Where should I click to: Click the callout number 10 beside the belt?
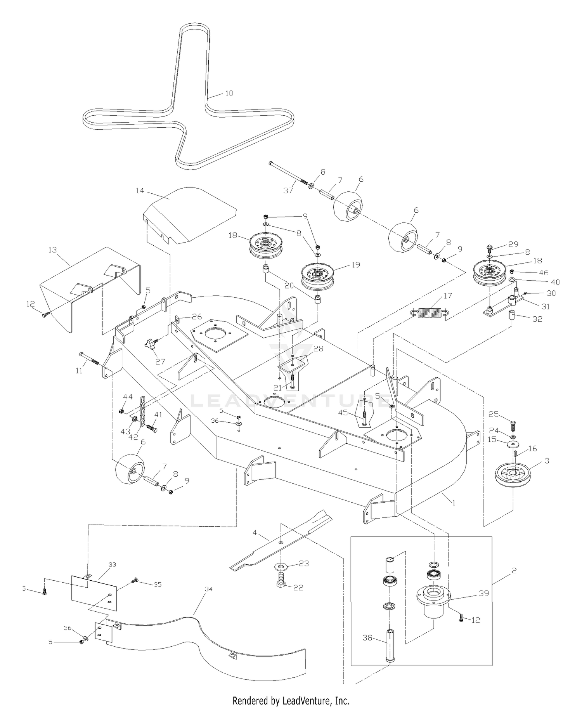229,94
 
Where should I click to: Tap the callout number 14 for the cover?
140,191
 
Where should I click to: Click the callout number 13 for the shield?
52,250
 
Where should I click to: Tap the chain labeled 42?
142,412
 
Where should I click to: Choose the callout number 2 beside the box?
514,571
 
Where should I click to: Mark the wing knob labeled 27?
151,343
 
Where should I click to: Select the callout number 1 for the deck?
454,503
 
